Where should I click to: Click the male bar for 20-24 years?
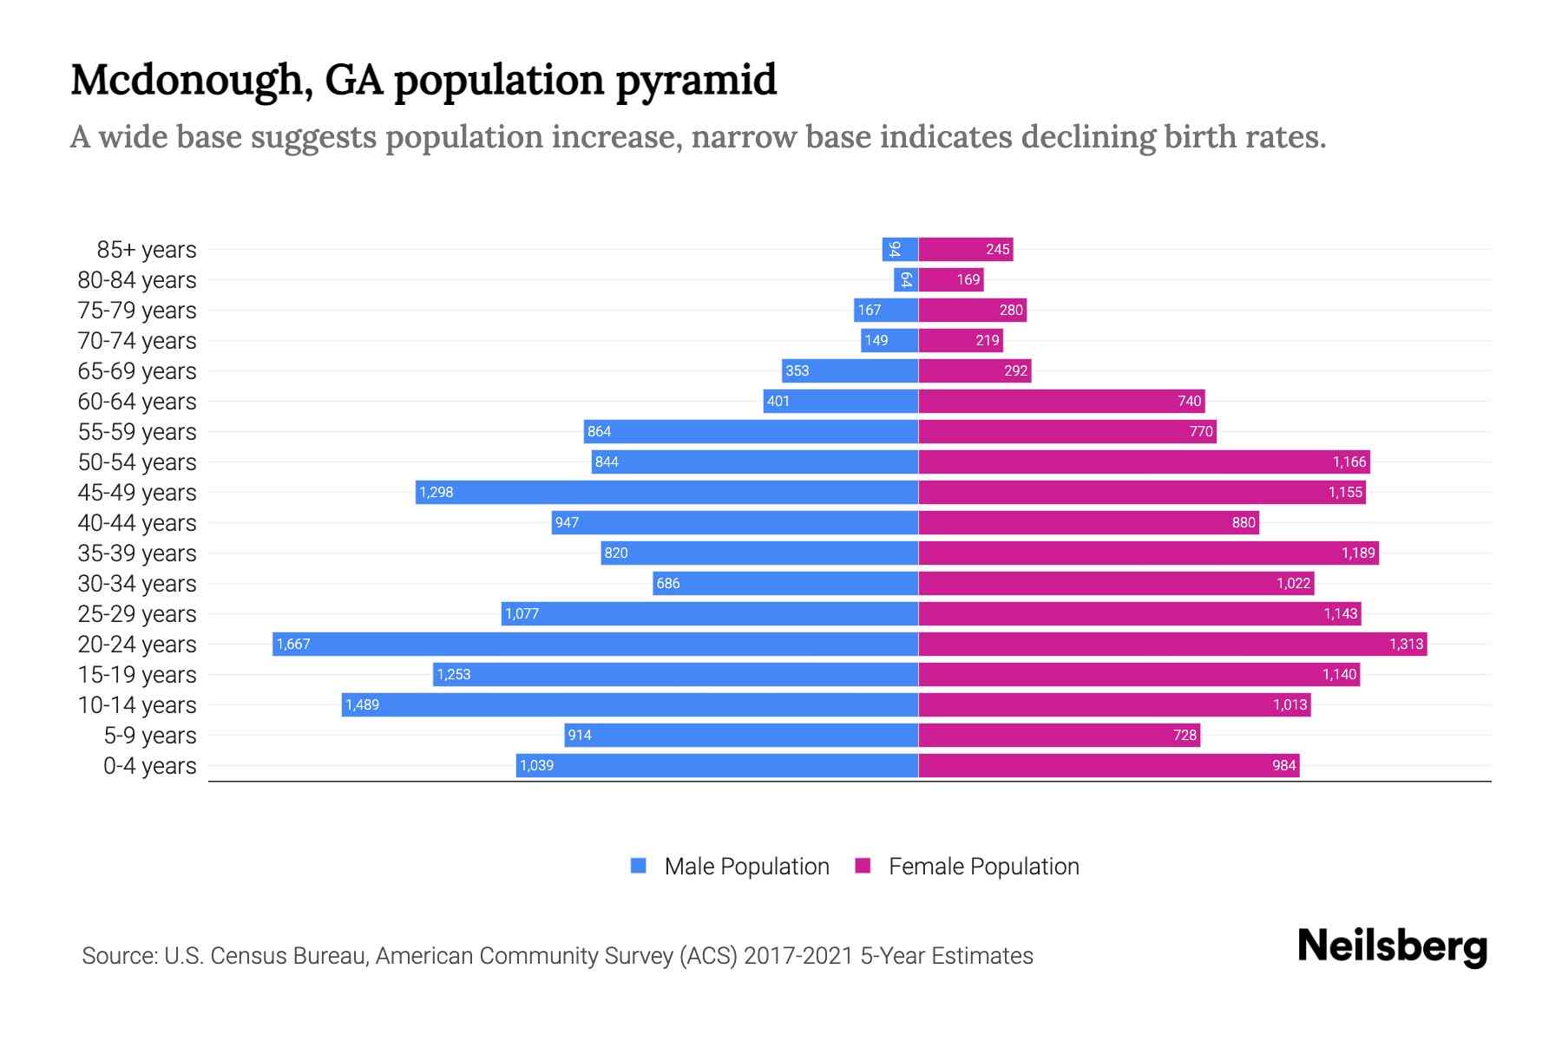tap(595, 644)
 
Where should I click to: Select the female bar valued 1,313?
tap(1172, 644)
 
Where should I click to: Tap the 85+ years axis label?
tap(146, 250)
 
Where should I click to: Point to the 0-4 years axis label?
tap(149, 766)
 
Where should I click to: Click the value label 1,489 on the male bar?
tap(362, 704)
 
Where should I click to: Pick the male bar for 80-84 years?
tap(906, 279)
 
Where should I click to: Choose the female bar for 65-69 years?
tap(975, 370)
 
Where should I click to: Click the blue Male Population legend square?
tap(639, 866)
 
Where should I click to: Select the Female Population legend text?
tap(983, 867)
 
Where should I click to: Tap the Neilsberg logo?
tap(1392, 946)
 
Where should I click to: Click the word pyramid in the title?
tap(696, 82)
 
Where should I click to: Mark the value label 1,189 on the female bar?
tap(1358, 553)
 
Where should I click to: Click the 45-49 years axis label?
tap(137, 493)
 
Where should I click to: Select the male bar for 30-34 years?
tap(785, 583)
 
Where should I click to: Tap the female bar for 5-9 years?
tap(1059, 735)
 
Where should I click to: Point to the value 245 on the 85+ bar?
tap(997, 250)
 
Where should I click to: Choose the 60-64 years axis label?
tap(137, 402)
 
